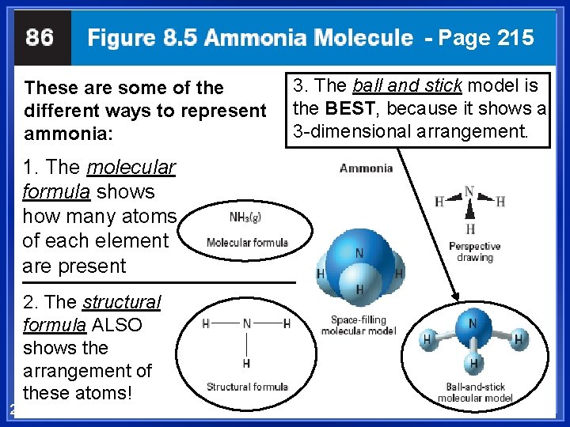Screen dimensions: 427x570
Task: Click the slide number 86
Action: point(40,37)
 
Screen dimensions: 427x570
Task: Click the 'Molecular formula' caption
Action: point(247,243)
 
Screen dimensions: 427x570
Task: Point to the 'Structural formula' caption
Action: point(247,387)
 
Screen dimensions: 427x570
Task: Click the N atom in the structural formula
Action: point(247,323)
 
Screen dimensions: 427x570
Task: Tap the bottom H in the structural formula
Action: point(247,363)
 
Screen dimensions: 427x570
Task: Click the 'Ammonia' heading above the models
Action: point(366,168)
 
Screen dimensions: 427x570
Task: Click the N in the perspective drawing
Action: point(469,192)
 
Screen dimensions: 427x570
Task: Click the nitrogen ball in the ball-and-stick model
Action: point(473,323)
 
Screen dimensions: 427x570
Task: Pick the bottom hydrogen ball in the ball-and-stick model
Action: point(473,364)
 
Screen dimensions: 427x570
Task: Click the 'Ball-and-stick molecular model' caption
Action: point(475,392)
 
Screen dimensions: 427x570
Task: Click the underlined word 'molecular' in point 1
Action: point(131,168)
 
